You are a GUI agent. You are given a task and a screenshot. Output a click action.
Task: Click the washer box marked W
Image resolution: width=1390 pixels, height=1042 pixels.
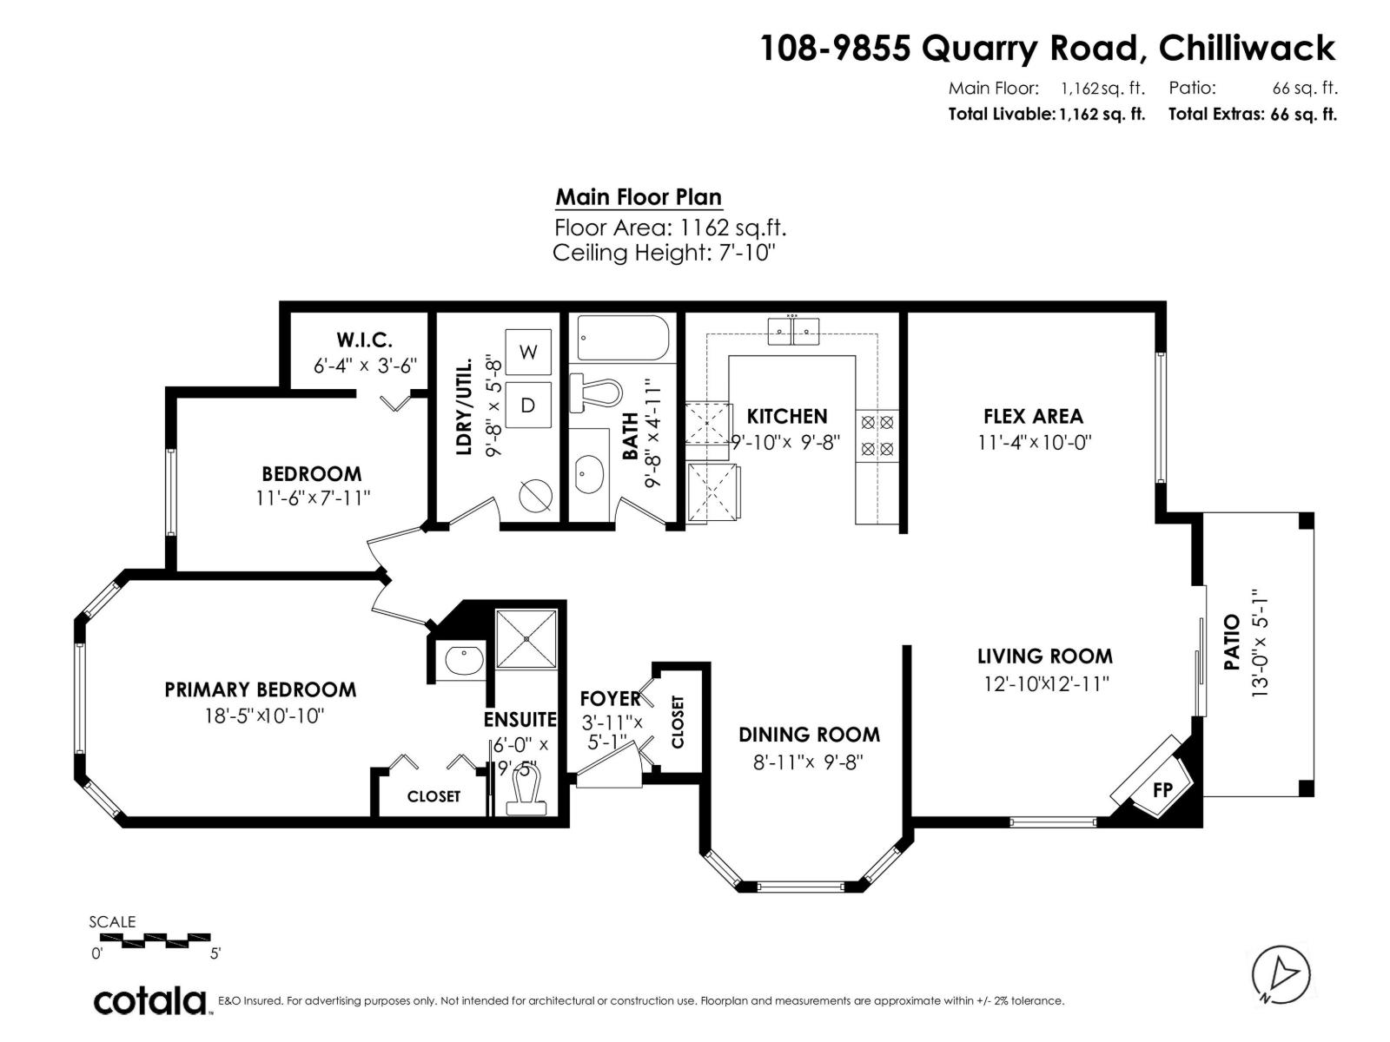coord(528,352)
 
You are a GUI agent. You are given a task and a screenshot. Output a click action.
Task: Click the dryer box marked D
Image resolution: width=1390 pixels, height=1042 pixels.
coord(528,405)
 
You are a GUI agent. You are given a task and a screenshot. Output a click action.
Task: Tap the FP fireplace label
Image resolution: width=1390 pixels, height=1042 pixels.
coord(1162,789)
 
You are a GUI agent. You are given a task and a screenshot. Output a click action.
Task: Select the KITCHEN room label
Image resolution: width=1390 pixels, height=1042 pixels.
coord(787,416)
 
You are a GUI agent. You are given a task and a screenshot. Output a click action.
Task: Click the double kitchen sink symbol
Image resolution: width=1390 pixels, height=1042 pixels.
coord(793,330)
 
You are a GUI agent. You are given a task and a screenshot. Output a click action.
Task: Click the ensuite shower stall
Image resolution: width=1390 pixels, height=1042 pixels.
coord(526,639)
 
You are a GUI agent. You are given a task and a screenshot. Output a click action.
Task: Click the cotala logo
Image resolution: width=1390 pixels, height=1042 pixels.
coord(150,1001)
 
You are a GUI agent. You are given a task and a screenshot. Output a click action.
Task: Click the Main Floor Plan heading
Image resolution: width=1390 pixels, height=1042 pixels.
coord(639,197)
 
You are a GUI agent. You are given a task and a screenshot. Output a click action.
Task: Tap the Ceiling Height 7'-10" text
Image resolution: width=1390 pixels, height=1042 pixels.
coord(663,253)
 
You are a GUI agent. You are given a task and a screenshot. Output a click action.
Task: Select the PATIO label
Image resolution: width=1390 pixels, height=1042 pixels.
coord(1231,643)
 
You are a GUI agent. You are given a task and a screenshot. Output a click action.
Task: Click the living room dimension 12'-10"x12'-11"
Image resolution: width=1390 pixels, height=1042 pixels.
coord(1046,683)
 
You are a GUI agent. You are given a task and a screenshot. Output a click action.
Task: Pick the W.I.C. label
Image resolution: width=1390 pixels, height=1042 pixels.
coord(364,340)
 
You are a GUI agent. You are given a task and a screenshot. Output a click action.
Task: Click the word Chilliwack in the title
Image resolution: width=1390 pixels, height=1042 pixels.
coord(1247,48)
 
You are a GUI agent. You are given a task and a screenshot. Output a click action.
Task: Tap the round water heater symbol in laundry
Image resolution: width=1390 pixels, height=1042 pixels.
coord(535,496)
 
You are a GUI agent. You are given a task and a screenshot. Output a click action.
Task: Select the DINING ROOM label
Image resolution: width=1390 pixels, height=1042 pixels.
coord(809,735)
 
